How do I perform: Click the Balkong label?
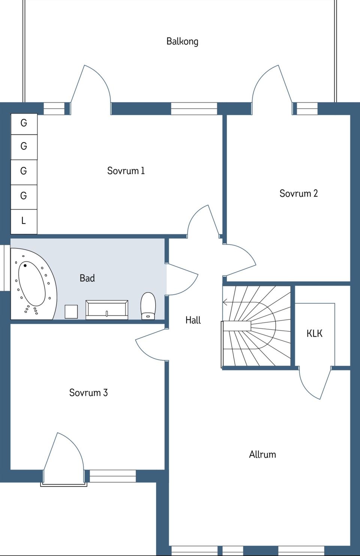[182, 42]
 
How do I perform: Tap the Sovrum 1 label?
[126, 171]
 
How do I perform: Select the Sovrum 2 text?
[298, 193]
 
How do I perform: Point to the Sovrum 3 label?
[88, 393]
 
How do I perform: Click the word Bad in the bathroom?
[87, 278]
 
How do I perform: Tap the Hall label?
[193, 320]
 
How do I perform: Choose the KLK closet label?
[314, 333]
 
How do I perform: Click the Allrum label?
[262, 454]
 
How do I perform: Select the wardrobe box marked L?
[24, 222]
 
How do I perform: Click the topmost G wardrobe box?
[24, 124]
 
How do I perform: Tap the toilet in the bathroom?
[148, 306]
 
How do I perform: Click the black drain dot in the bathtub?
[25, 265]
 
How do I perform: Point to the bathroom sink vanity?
[107, 310]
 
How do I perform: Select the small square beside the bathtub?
[71, 312]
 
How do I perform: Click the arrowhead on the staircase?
[225, 302]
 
